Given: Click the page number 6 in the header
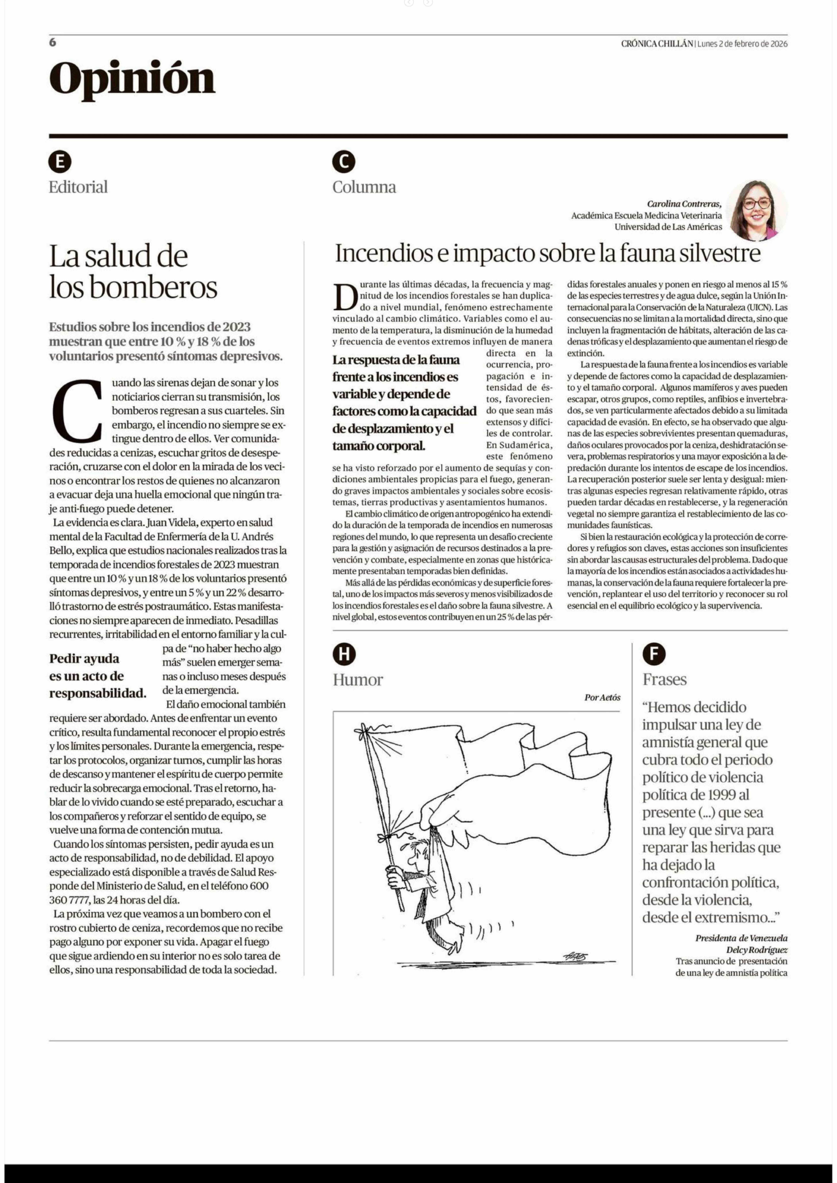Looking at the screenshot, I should click(x=53, y=43).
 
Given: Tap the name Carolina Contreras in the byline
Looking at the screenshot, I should click(x=684, y=204).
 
